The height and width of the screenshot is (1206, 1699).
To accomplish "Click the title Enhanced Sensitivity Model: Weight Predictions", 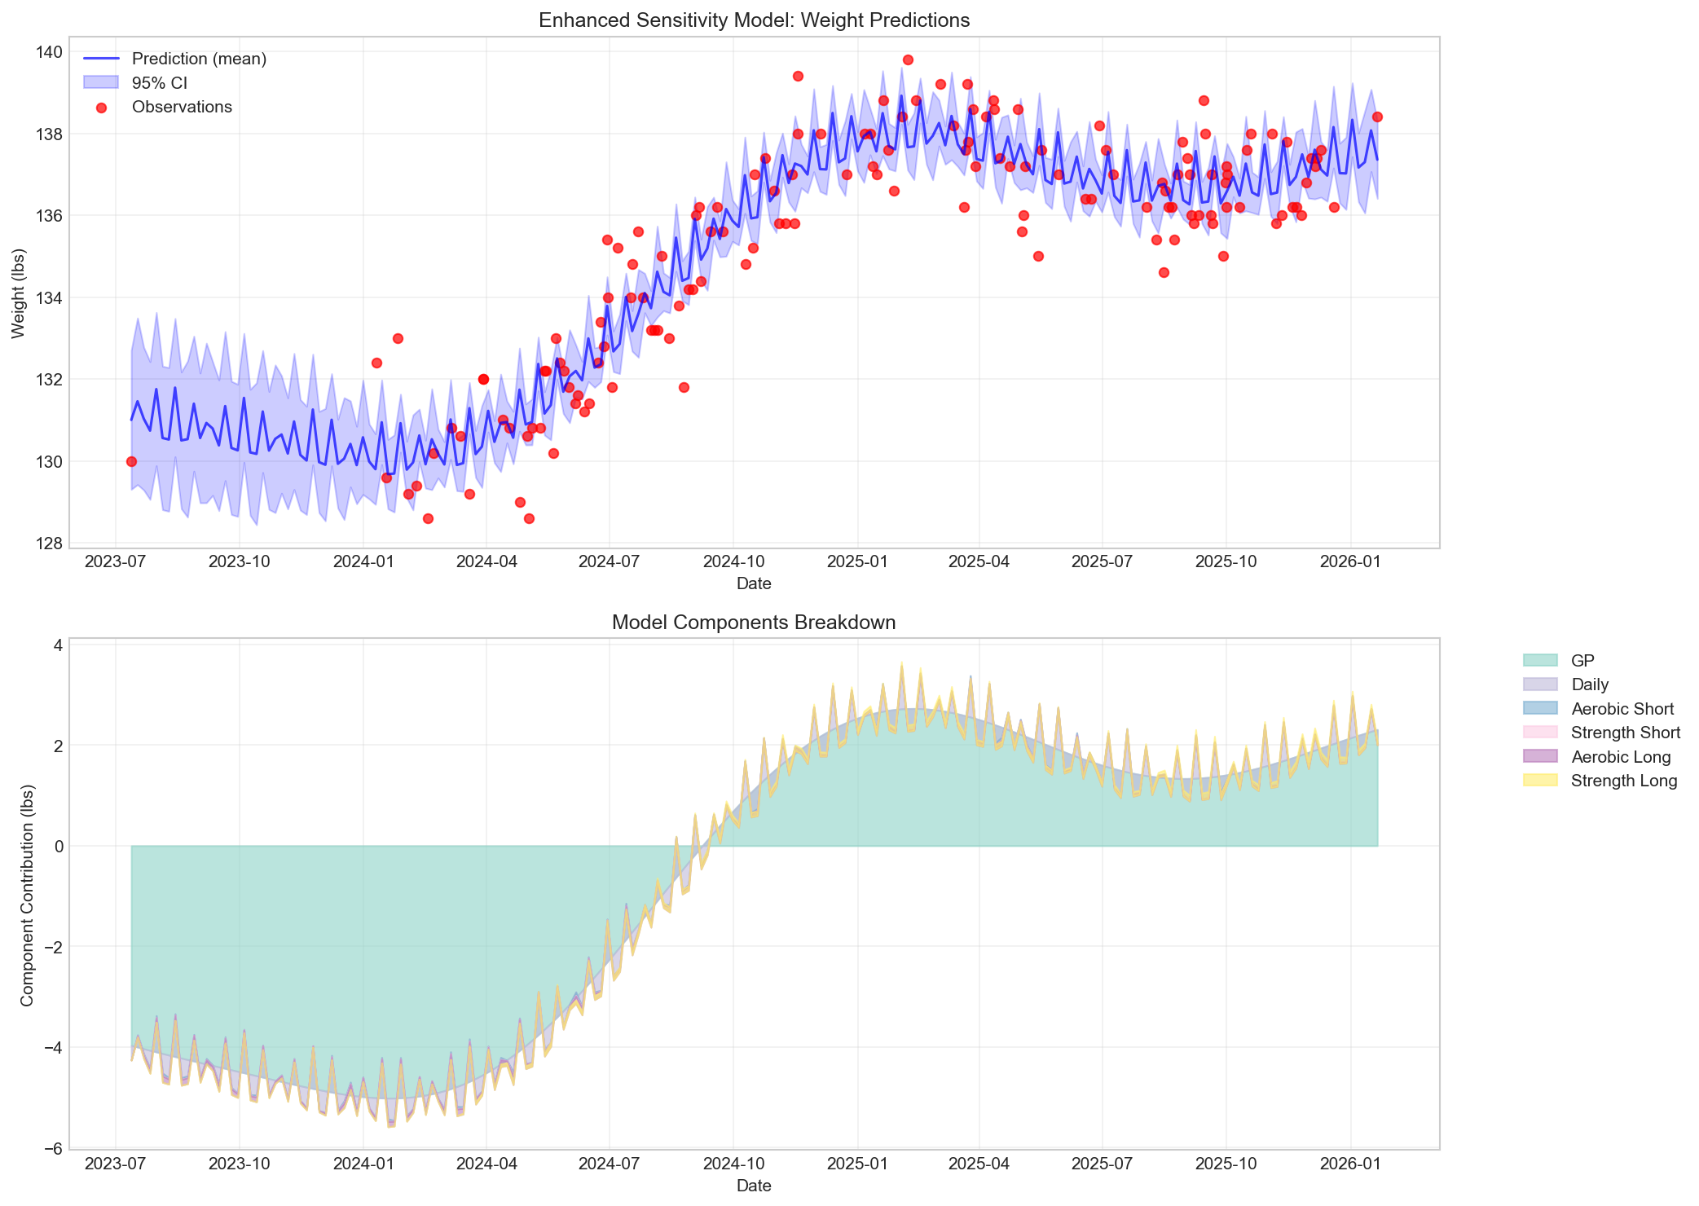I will point(754,20).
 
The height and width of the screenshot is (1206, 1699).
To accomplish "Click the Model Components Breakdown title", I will point(754,623).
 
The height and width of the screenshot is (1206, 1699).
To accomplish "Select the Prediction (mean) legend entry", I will point(199,59).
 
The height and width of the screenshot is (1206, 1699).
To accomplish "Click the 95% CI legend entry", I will point(160,83).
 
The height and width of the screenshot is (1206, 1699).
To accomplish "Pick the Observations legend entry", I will point(182,107).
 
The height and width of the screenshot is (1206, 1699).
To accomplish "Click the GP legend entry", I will point(1582,660).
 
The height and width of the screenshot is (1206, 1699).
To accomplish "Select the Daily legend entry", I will point(1590,684).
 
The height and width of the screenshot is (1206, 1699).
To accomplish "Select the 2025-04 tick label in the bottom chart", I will point(979,1164).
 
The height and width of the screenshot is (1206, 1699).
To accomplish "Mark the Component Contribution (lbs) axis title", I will point(27,894).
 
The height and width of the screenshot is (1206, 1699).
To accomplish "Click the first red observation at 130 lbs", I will point(131,461).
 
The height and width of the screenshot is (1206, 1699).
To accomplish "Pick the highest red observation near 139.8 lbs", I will point(908,59).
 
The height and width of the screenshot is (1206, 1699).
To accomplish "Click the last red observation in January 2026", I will point(1377,117).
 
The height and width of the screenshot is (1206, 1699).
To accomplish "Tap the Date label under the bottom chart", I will point(754,1186).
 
